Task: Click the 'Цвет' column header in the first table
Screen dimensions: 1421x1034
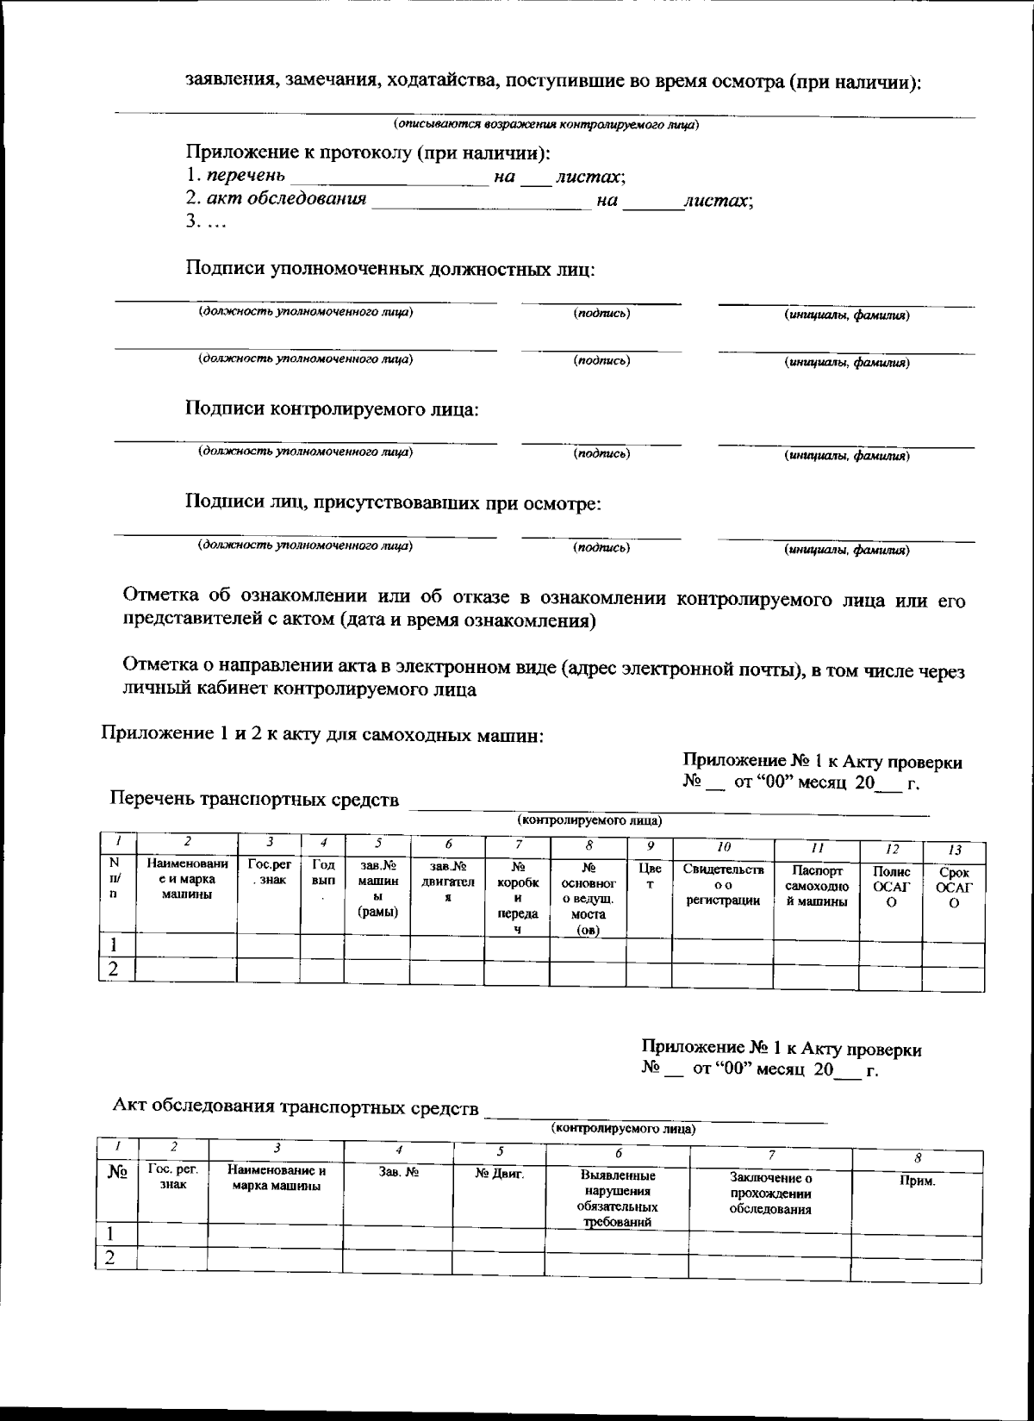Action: tap(649, 877)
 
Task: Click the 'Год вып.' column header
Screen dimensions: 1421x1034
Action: tap(322, 879)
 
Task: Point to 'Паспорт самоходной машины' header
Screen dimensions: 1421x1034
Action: tap(816, 886)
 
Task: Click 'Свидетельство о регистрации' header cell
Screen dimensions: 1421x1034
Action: tap(723, 885)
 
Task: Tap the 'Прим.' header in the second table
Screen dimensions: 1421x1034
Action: tap(917, 1181)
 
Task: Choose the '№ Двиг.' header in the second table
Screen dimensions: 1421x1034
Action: tap(499, 1173)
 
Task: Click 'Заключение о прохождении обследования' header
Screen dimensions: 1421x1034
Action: tap(770, 1193)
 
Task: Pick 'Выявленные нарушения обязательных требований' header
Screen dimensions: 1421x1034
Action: tap(616, 1198)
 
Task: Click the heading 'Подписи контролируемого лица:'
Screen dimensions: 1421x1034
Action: tap(332, 408)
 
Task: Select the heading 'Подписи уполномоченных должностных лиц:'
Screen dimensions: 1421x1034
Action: tap(389, 269)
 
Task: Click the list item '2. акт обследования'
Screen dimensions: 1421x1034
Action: tap(277, 199)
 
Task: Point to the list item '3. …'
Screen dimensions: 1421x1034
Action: tap(206, 221)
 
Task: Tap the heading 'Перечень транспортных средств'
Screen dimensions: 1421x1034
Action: tap(254, 799)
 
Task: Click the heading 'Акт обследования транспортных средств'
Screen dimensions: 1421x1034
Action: tap(296, 1107)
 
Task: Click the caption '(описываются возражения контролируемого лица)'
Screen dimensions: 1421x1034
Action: tap(546, 124)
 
